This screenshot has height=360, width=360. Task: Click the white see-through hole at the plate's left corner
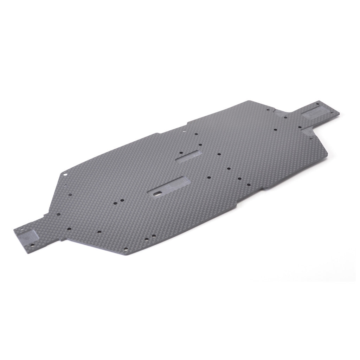pos(65,174)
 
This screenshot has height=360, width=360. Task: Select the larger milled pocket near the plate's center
pos(171,187)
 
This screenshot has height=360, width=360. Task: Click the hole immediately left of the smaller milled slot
pos(180,153)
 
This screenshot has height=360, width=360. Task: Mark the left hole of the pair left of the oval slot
pos(115,202)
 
